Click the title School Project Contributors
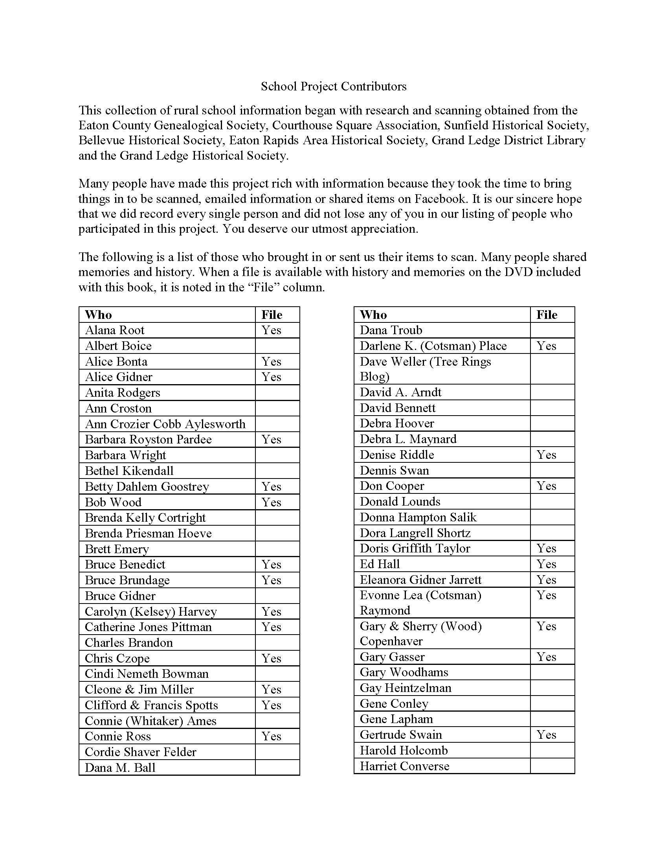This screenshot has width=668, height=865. point(334,86)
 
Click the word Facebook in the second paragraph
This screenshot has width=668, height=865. point(440,199)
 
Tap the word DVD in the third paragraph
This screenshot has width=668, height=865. point(518,272)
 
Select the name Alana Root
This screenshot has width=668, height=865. point(115,330)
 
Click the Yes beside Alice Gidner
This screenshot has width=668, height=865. point(272,377)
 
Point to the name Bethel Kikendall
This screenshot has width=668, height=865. point(129,471)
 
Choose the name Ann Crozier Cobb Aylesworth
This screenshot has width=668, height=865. point(165,424)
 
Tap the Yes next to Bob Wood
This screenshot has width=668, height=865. point(272,502)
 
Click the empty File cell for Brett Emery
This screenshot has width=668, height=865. point(277,549)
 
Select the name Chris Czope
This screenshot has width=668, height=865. point(117,658)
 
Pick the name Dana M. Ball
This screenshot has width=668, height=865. point(120,767)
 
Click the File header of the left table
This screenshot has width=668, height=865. point(272,315)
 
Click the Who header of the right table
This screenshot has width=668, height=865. point(374,315)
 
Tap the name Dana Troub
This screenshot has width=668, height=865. point(391,330)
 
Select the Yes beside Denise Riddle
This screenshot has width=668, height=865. point(547,455)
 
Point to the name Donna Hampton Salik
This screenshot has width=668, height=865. point(418,517)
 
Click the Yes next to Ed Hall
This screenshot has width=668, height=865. point(547,564)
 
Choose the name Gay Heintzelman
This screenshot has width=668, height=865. point(406,688)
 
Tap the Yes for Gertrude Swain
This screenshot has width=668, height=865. point(547,735)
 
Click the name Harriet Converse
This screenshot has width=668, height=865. point(404,766)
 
